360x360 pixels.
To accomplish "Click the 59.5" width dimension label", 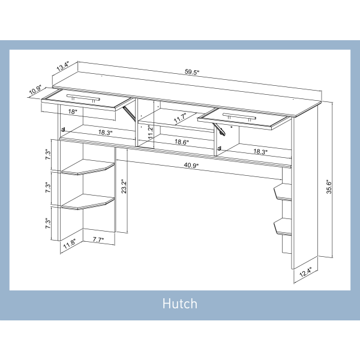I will point(192,73).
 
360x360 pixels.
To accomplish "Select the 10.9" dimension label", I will point(34,91).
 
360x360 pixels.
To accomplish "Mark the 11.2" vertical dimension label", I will point(134,131).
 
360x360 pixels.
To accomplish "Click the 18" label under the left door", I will point(73,112).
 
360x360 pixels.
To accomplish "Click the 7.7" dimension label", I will point(98,239).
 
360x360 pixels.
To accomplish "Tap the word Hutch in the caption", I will point(179,304).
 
